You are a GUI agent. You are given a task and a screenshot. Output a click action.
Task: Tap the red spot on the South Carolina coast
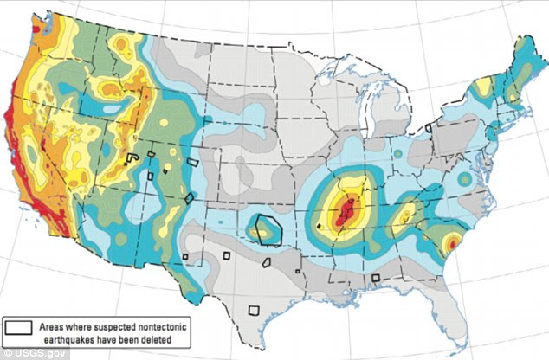451,244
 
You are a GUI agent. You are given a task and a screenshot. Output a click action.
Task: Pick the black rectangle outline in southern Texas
255,309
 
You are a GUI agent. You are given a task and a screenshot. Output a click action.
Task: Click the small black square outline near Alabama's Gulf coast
376,278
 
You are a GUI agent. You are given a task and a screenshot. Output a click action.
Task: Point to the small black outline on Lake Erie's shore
428,127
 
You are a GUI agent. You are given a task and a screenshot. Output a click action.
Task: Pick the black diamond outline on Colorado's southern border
189,198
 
